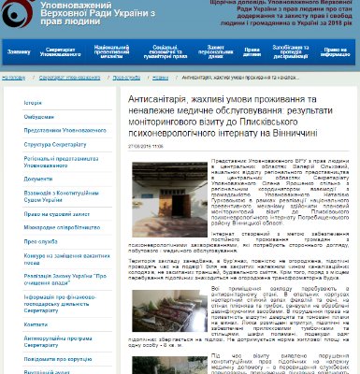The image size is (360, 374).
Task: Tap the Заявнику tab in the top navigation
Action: click(20, 50)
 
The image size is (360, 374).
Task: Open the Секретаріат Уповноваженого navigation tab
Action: click(60, 50)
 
